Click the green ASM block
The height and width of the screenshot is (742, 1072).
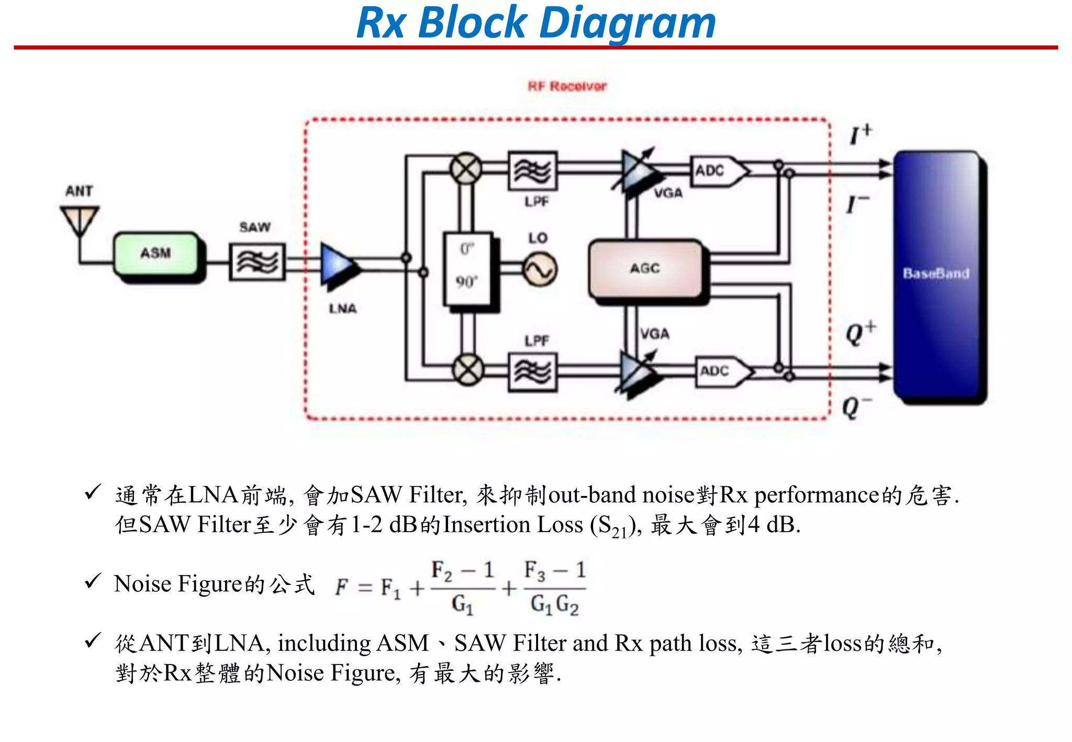coord(156,254)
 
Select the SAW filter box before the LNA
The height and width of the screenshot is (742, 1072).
coord(256,261)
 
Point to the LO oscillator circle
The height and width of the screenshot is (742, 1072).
coord(540,270)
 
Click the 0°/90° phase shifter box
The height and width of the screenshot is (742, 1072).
coord(467,268)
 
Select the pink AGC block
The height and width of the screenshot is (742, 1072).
coord(645,268)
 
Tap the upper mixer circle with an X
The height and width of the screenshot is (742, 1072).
coord(466,168)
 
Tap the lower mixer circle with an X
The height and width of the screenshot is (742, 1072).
coord(467,369)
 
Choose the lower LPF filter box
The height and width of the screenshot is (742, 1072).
coord(532,372)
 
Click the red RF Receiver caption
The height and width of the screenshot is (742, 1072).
coord(567,86)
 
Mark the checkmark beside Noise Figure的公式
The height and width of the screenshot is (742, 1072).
coord(93,581)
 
